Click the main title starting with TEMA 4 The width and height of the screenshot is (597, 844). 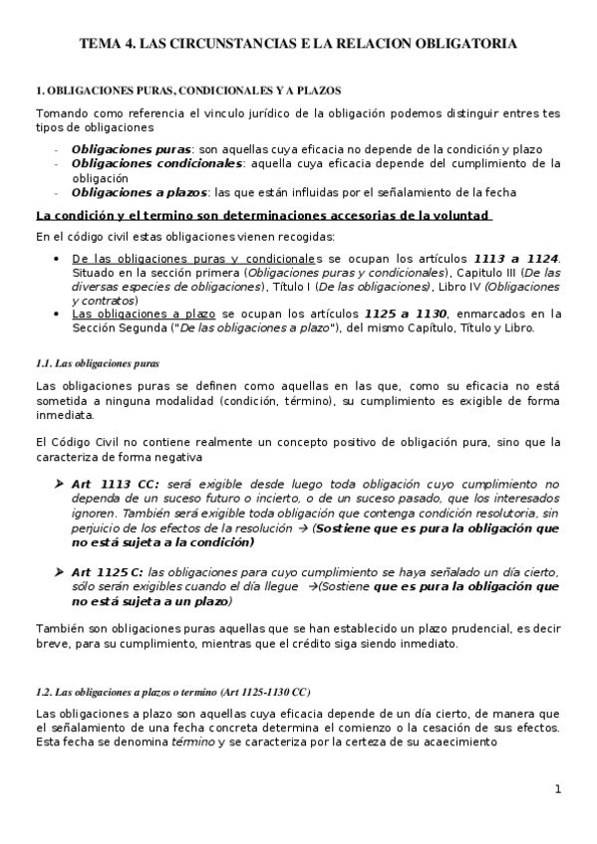pos(298,45)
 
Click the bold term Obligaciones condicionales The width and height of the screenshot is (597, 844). pos(156,163)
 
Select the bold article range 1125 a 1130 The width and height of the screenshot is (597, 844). pos(407,314)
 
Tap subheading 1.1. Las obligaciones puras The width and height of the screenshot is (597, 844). pos(97,363)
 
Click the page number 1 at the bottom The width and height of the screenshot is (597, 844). pos(559,790)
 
